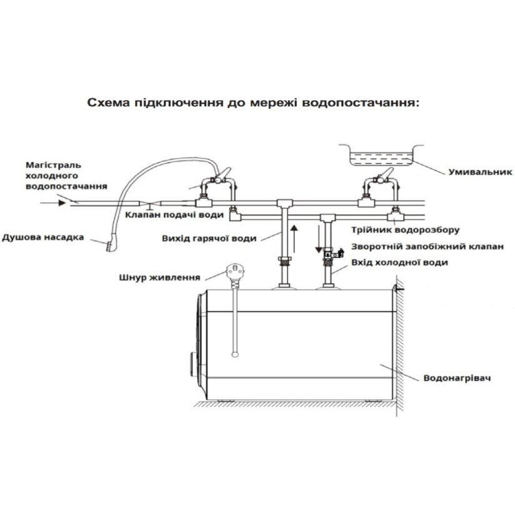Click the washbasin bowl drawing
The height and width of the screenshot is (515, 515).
[x=378, y=156]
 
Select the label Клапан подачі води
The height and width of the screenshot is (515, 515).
[x=174, y=215]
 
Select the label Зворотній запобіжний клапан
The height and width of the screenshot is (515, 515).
[x=427, y=246]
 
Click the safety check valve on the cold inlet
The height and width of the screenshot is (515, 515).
[x=332, y=254]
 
